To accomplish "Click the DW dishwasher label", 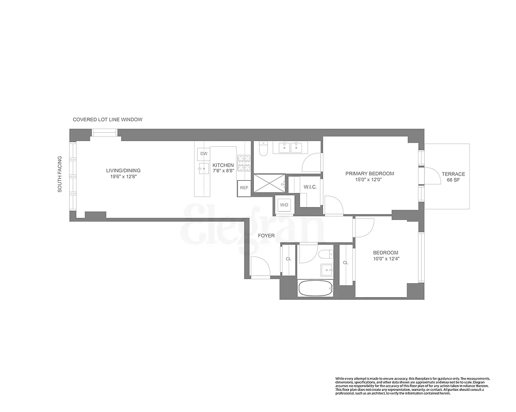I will [x=203, y=153].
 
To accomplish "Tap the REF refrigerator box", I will [x=244, y=188].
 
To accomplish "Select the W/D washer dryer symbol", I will [x=284, y=205].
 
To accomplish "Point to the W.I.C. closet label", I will [x=310, y=187].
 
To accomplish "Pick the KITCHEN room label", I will [x=223, y=165].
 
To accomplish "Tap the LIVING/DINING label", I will [x=123, y=170].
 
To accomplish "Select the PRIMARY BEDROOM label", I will [x=369, y=174].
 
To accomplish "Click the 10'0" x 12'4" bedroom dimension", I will [x=386, y=259].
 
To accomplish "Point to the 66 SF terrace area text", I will [x=453, y=181].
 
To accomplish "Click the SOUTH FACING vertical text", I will [x=60, y=174].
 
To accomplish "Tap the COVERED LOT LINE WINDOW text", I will [x=107, y=119].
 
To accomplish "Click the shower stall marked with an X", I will [x=268, y=183].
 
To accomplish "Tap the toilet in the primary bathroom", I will [x=262, y=149].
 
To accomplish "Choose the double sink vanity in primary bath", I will [x=290, y=148].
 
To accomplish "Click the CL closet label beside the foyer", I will [x=288, y=259].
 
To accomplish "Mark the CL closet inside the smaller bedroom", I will [x=345, y=263].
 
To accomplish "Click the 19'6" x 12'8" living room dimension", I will [x=123, y=177].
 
